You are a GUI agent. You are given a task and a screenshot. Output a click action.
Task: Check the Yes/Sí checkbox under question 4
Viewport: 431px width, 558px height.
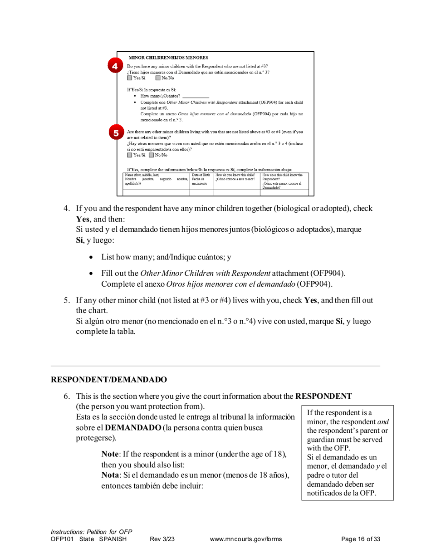tap(130, 79)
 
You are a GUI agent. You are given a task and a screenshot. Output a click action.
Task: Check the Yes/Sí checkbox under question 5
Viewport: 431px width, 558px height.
tap(130, 156)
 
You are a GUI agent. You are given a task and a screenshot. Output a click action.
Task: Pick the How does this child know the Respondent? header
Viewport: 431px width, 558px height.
tap(283, 177)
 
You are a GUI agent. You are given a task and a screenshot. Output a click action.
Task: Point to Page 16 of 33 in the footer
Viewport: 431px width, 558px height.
tap(361, 538)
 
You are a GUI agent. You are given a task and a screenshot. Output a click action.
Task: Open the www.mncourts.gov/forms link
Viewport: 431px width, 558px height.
tap(246, 538)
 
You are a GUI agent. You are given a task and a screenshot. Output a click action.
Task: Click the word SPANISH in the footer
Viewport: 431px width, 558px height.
tap(115, 538)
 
